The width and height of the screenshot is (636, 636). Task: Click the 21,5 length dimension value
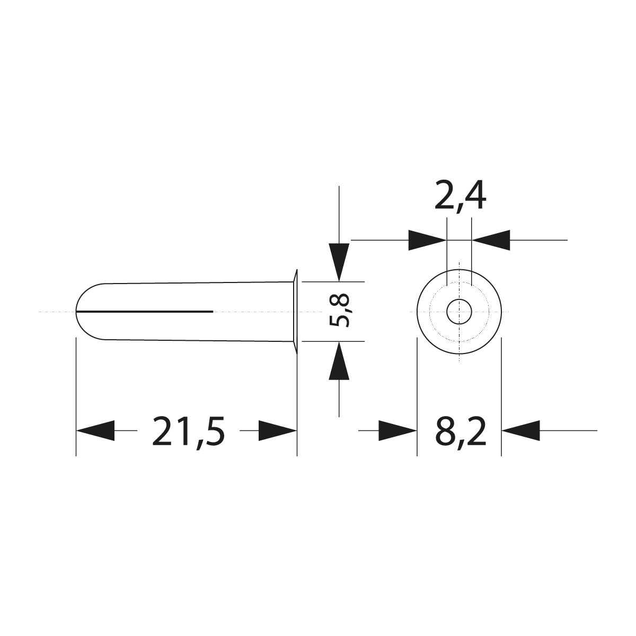[188, 431]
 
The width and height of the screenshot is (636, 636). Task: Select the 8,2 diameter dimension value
[460, 431]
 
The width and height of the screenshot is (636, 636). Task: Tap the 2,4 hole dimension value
[460, 196]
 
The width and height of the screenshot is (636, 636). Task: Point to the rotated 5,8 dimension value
[339, 311]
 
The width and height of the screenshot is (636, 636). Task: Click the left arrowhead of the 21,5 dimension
[96, 431]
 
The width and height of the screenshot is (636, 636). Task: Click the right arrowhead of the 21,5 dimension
[277, 431]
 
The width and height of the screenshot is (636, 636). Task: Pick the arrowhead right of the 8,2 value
[520, 431]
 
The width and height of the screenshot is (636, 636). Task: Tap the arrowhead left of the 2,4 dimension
[427, 240]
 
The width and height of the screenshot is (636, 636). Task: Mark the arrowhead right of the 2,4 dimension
[491, 240]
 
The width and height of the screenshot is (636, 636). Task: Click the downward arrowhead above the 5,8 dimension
[339, 261]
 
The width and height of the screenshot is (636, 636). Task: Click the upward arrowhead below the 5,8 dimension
[339, 361]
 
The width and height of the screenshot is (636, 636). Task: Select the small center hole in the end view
[459, 312]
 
